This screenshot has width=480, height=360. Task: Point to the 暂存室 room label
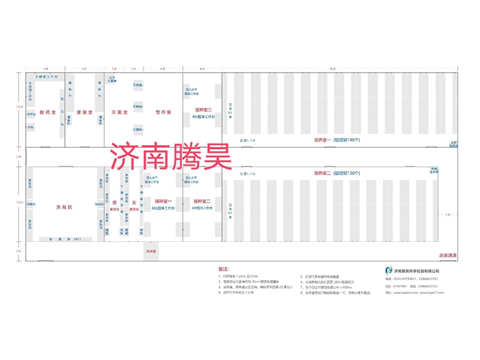(163, 112)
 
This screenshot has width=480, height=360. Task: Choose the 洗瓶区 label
(64, 207)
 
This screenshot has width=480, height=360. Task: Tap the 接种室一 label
(163, 200)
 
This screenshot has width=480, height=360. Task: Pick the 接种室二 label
(203, 200)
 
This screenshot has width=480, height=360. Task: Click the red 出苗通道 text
(448, 255)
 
